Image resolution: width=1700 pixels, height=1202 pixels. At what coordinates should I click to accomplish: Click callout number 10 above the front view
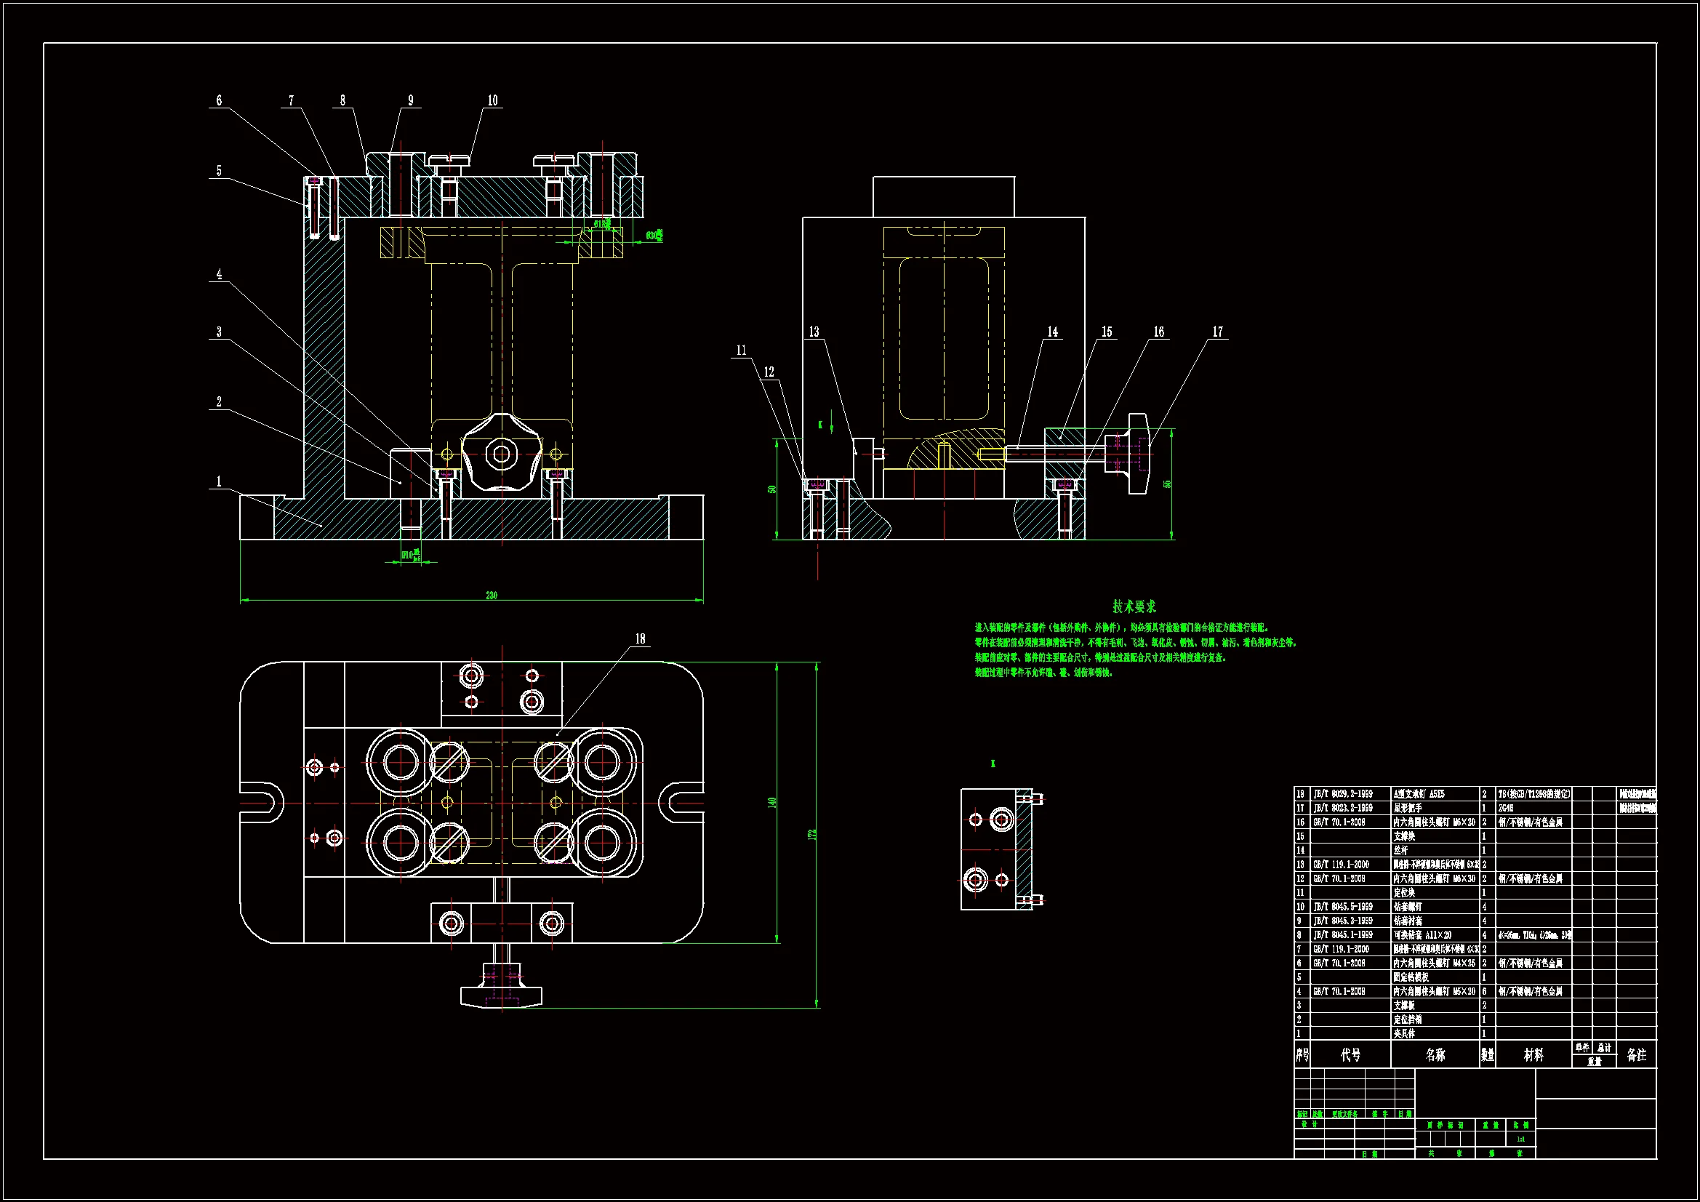tap(492, 101)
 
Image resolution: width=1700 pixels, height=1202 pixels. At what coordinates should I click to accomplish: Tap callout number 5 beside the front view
tap(218, 171)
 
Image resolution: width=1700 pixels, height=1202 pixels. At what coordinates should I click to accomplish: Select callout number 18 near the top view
tap(640, 638)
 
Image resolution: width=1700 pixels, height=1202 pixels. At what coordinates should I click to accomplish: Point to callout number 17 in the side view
tap(1217, 332)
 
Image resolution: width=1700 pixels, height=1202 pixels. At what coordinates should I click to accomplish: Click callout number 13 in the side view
tap(814, 332)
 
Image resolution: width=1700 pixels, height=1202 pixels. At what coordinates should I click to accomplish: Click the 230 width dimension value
tap(492, 595)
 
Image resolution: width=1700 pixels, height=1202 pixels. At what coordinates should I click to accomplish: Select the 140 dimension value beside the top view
tap(771, 802)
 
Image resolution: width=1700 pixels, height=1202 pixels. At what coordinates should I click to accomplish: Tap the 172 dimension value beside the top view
tap(812, 834)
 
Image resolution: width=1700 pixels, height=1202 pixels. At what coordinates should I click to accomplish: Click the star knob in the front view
tap(501, 453)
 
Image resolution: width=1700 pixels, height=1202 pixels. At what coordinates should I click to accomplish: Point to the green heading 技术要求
tap(1134, 606)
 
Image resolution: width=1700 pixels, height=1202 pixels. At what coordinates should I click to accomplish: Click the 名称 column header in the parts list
tap(1435, 1054)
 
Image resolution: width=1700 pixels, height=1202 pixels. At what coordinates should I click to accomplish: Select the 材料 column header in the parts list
tap(1533, 1054)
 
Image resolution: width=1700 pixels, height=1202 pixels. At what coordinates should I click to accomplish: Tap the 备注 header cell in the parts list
tap(1636, 1054)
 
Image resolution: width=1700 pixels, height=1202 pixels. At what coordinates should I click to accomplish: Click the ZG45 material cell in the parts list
tap(1507, 808)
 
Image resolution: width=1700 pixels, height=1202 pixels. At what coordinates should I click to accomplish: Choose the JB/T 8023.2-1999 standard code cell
tap(1342, 808)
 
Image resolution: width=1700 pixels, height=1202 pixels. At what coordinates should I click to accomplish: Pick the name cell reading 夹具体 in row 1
tap(1405, 1033)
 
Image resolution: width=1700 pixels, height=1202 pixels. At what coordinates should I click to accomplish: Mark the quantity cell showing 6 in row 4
tap(1484, 991)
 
